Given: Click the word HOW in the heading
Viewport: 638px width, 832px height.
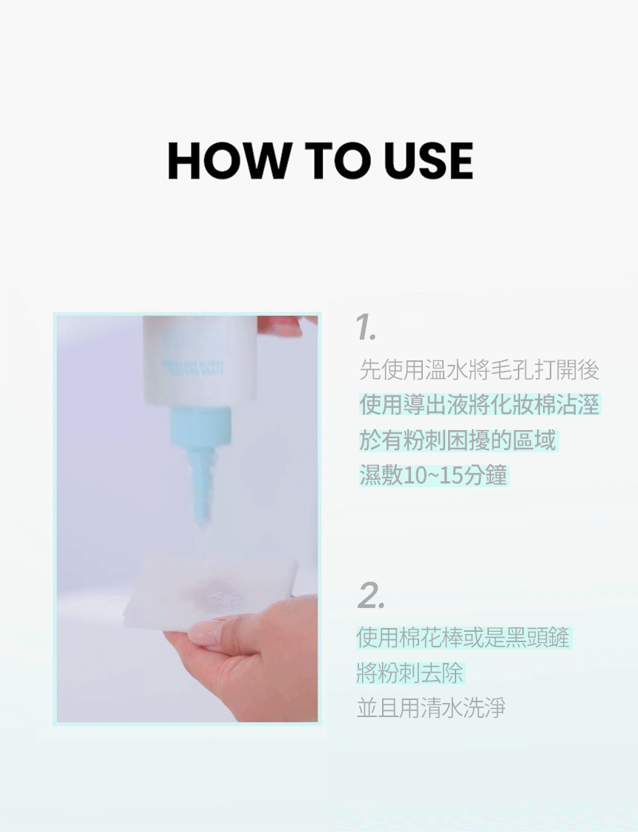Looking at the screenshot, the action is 229,161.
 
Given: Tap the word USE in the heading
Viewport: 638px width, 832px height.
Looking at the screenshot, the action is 428,161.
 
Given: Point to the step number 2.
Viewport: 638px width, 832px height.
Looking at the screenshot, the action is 371,595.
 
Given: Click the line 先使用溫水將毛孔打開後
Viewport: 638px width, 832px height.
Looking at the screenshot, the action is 479,370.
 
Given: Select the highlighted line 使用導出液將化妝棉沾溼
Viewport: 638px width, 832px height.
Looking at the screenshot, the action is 479,405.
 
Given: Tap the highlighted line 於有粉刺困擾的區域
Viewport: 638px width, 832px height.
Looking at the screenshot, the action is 458,440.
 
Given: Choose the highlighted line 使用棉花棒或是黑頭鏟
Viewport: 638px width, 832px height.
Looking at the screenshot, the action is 463,637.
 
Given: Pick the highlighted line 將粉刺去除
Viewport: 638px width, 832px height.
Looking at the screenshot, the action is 410,673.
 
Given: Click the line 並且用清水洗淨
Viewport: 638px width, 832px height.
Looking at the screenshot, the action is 431,708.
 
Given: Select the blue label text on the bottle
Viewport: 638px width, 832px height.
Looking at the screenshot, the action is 193,366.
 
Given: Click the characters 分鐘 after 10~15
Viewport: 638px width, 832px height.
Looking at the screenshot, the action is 484,475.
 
